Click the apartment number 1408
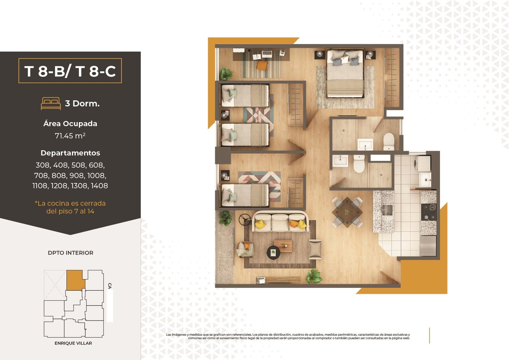click(99, 186)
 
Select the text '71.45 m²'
click(70, 136)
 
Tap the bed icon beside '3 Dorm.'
click(51, 103)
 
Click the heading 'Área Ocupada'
click(70, 124)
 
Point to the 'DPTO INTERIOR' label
click(70, 253)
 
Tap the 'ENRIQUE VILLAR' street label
click(73, 343)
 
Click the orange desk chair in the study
click(262, 65)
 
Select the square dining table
click(347, 212)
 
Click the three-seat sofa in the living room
click(280, 221)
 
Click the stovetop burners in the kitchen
click(429, 212)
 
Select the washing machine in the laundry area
click(422, 163)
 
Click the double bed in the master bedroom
click(345, 73)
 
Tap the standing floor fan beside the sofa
click(245, 220)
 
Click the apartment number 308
click(43, 165)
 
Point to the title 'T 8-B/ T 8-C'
click(70, 71)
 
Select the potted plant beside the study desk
click(226, 74)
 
